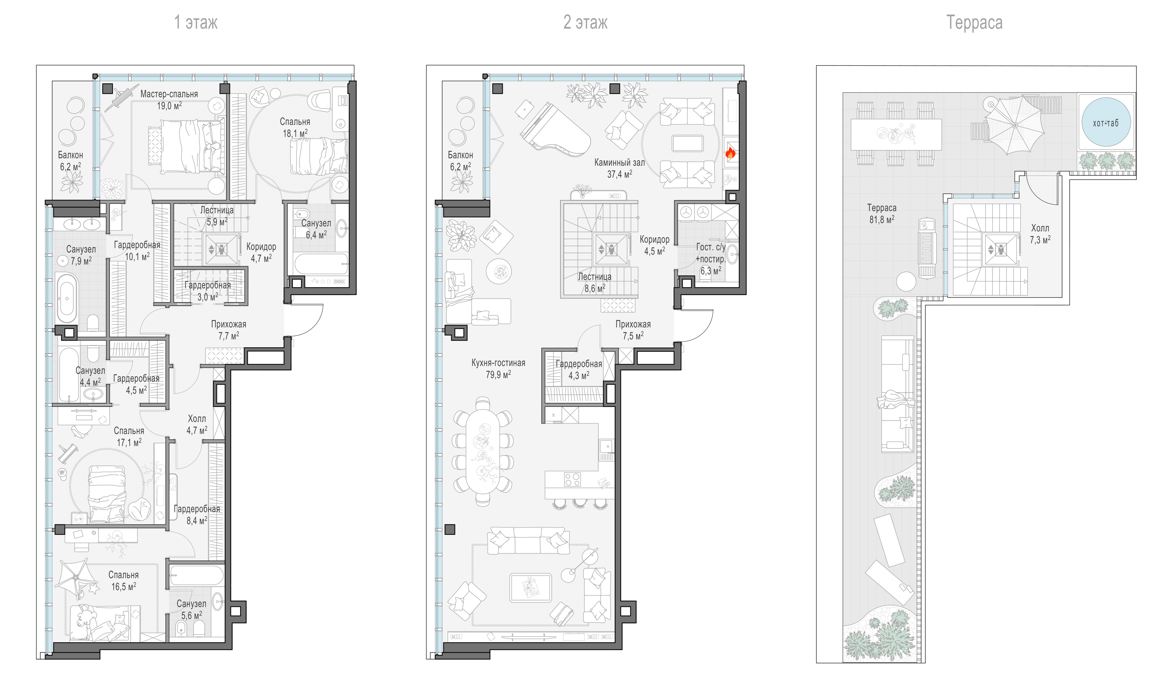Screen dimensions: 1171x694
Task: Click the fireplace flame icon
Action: click(730, 152)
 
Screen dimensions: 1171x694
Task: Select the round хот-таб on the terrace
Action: click(1106, 122)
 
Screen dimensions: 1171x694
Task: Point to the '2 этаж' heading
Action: click(585, 22)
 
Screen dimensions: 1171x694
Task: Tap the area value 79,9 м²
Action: click(498, 374)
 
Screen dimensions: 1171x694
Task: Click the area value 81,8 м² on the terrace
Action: click(882, 219)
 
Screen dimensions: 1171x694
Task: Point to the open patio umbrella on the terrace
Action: click(1015, 125)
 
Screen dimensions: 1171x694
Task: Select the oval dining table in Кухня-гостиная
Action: click(482, 452)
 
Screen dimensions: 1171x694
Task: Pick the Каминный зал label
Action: click(619, 163)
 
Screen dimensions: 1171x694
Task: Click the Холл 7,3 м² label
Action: click(1040, 234)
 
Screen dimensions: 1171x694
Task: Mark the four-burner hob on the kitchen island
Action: click(572, 479)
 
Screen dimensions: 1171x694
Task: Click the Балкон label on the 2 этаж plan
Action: click(460, 155)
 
